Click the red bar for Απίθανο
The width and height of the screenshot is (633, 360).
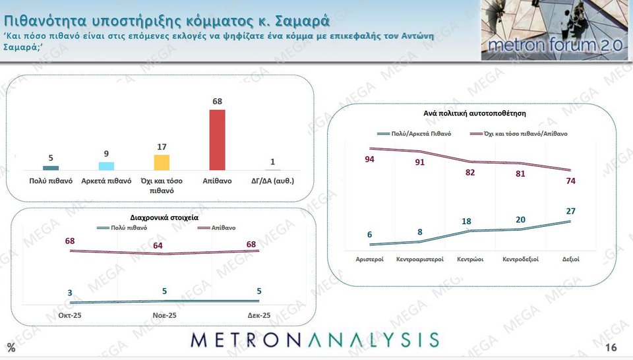217,140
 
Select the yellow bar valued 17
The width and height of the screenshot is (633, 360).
162,163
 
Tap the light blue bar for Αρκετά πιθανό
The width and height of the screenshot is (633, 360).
106,166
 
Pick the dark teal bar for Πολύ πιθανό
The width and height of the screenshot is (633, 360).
51,168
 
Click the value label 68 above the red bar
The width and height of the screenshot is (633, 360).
217,101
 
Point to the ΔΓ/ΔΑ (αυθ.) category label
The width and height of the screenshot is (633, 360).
272,181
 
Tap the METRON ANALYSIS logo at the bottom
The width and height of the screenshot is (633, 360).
315,340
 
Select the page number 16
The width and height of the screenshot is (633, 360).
611,347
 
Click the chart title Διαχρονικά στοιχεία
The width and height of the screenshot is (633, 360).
165,216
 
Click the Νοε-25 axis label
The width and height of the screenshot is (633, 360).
164,316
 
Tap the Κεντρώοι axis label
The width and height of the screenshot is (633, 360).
470,259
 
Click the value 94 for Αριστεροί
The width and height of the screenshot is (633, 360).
370,160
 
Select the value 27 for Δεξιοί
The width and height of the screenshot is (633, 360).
571,211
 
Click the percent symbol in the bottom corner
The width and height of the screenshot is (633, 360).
11,348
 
